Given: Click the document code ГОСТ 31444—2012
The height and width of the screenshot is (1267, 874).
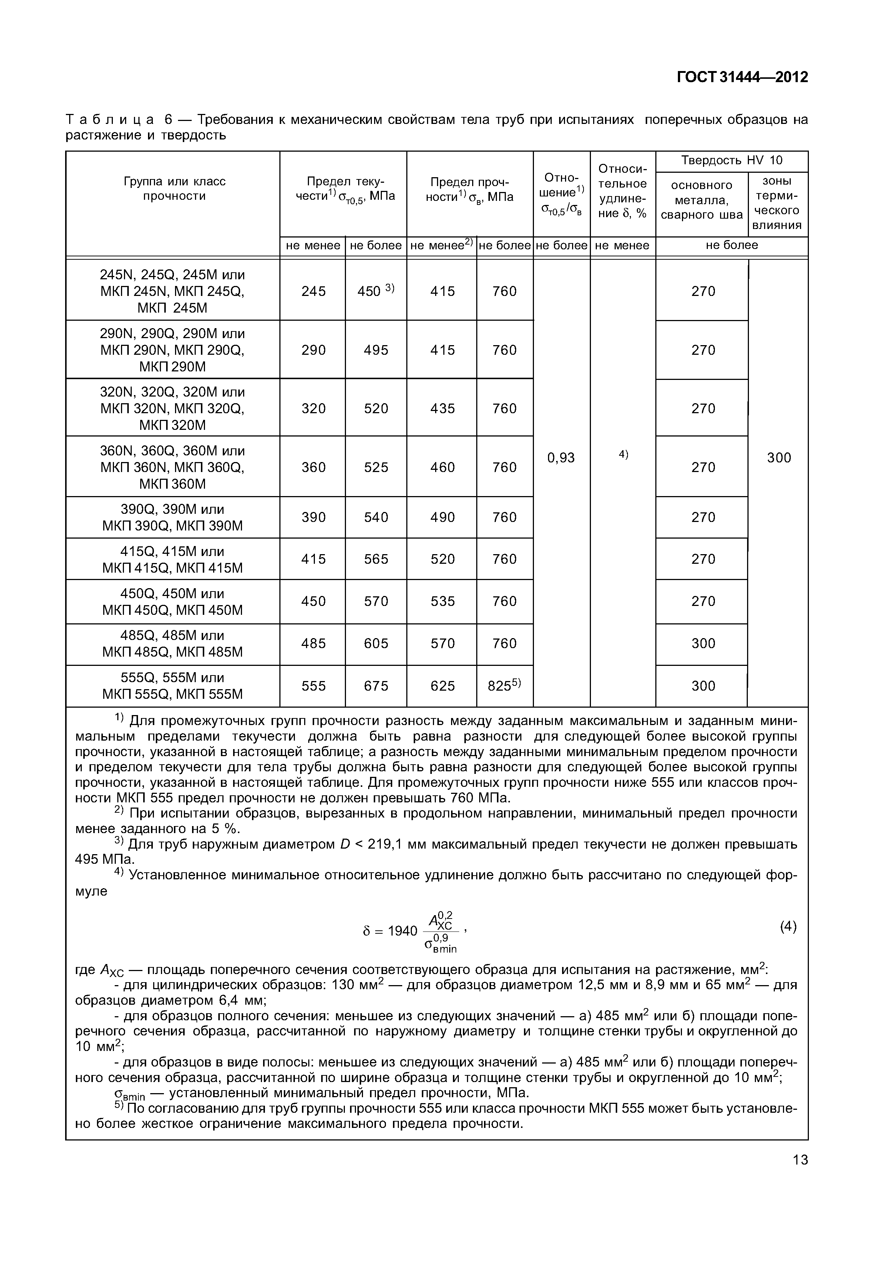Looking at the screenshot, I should [742, 77].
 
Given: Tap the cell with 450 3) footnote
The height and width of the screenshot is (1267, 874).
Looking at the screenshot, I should [375, 291].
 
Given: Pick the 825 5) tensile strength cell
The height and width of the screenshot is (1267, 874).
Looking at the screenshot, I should [504, 685].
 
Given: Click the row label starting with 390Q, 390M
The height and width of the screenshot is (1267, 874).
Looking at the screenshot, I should [172, 518].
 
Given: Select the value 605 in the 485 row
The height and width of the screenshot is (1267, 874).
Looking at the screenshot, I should [376, 643].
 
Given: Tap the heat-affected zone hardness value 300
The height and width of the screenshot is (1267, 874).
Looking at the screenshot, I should [778, 458].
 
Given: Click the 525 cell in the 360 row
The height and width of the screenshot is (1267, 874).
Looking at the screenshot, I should [376, 467].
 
